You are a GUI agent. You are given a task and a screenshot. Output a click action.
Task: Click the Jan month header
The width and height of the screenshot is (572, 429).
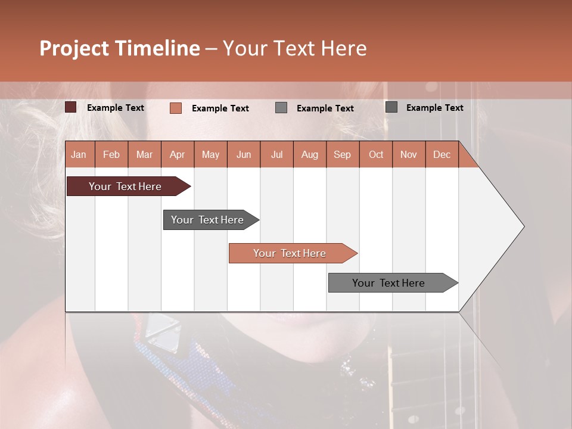[79, 154]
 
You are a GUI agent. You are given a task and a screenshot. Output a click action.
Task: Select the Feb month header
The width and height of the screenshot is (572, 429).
[111, 154]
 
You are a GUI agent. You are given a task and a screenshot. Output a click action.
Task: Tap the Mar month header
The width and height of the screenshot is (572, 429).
[144, 154]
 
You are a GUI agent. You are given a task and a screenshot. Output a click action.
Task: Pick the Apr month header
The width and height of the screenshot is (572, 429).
[178, 154]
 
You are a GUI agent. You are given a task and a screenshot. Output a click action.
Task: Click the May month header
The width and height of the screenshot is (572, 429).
[210, 154]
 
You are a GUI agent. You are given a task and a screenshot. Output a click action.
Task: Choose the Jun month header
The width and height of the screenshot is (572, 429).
[244, 154]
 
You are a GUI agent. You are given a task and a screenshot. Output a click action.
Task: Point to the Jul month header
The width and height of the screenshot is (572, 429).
[276, 154]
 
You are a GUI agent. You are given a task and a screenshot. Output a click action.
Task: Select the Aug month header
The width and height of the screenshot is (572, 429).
[310, 154]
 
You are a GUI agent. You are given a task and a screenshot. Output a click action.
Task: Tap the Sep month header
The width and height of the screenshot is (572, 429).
[343, 154]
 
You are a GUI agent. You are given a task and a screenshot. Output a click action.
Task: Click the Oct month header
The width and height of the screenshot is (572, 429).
[376, 154]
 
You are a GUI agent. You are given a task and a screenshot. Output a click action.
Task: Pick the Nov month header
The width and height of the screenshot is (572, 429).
[409, 154]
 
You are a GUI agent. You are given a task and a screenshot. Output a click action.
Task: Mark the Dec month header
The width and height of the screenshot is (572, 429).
[442, 154]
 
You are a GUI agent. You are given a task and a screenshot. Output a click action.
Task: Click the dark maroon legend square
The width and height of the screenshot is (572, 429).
[71, 107]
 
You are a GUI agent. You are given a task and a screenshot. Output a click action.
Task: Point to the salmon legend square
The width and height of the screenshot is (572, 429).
[176, 108]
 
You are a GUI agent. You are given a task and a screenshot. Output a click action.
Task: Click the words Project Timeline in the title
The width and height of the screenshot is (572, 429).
[120, 48]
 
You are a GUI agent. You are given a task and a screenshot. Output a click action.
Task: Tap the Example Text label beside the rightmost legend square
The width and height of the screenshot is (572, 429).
[434, 108]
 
